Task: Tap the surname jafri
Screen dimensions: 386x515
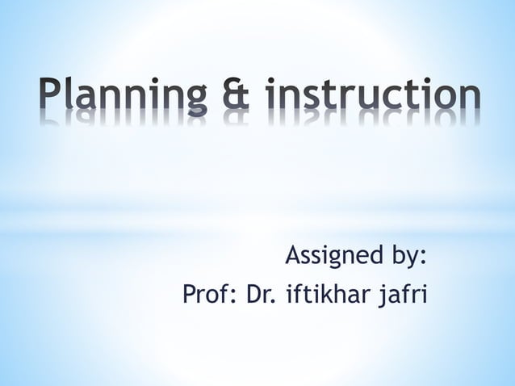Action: (401, 296)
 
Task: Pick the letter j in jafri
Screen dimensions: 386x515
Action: (376, 298)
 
